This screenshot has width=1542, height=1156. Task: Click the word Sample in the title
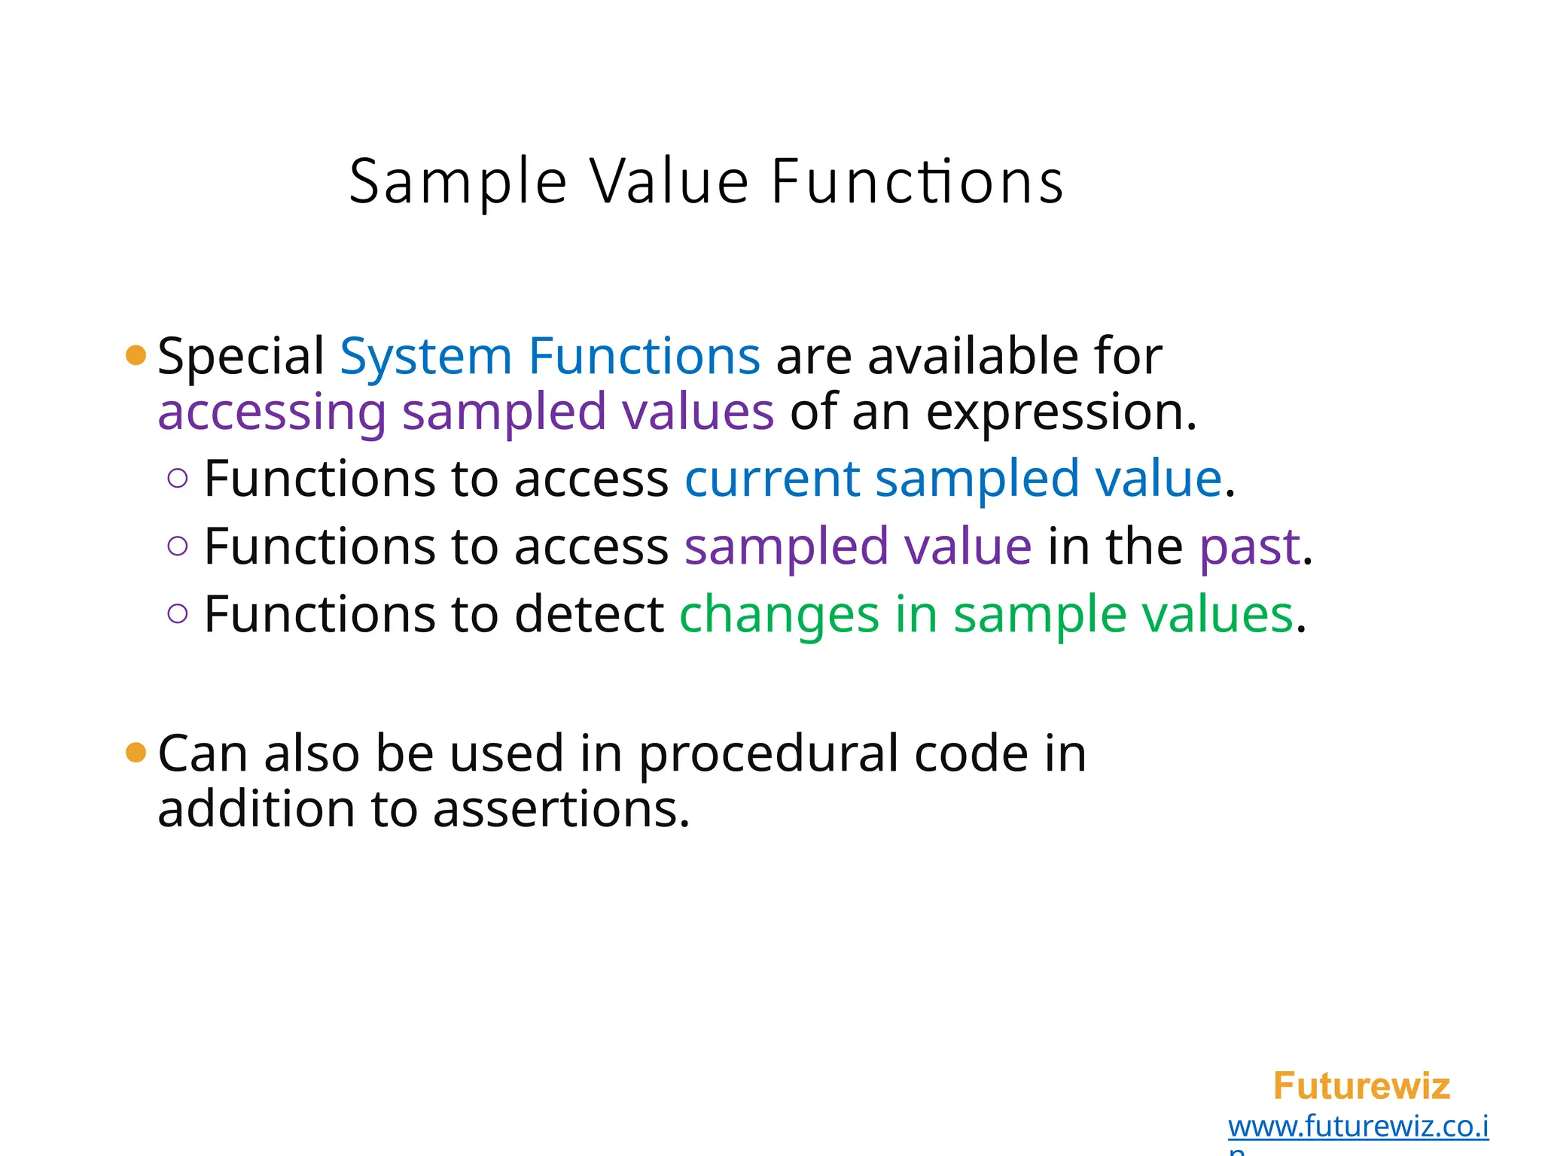coord(458,183)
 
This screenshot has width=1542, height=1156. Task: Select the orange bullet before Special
coord(136,355)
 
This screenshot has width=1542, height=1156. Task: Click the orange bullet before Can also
coord(136,752)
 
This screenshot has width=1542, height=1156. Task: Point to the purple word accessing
coord(272,413)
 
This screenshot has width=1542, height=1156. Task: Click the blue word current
coord(772,479)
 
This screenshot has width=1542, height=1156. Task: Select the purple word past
coord(1249,546)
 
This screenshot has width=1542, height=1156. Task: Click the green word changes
coord(779,614)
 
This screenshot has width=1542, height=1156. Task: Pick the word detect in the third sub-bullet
coord(589,614)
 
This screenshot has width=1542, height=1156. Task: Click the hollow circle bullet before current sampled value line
coord(178,479)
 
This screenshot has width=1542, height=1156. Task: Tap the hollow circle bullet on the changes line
coord(178,614)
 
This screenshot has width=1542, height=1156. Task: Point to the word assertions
coord(561,809)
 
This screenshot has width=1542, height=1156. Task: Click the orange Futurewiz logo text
coord(1361,1086)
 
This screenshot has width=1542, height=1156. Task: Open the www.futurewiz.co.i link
coord(1358,1127)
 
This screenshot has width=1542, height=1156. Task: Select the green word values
coord(1217,614)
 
